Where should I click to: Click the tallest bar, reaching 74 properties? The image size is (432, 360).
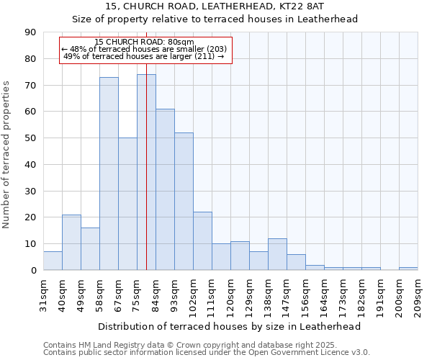pyautogui.click(x=146, y=172)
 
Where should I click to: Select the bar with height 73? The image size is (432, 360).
pyautogui.click(x=109, y=174)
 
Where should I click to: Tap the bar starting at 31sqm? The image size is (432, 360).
pyautogui.click(x=53, y=261)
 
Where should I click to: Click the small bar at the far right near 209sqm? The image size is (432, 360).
pyautogui.click(x=408, y=269)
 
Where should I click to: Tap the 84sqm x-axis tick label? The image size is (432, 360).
pyautogui.click(x=156, y=294)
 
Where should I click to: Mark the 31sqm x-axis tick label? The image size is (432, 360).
pyautogui.click(x=44, y=294)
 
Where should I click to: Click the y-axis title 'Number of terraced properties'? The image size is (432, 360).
pyautogui.click(x=7, y=154)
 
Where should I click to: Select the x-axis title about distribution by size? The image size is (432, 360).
pyautogui.click(x=229, y=326)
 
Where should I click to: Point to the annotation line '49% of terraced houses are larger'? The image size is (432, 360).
pyautogui.click(x=144, y=56)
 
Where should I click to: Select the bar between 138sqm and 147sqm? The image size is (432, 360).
pyautogui.click(x=277, y=254)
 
